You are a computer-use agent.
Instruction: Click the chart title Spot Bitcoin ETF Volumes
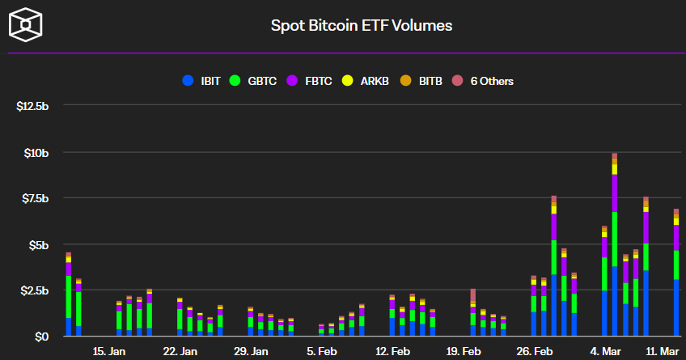coord(361,25)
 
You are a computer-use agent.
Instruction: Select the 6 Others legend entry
coord(484,81)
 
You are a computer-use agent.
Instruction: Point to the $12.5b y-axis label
coord(32,107)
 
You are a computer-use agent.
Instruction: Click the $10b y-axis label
coord(36,153)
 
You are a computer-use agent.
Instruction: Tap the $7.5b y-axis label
coord(34,199)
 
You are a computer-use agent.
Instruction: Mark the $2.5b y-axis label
coord(34,290)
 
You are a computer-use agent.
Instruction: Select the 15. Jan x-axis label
coord(109,352)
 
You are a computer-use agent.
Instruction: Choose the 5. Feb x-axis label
coord(322,352)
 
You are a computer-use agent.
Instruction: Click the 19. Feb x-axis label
coord(464,352)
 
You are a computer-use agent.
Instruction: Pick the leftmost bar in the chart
coord(69,294)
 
